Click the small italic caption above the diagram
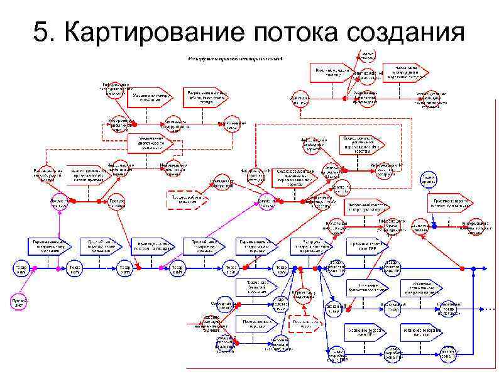coord(236,58)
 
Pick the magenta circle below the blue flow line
coord(19,303)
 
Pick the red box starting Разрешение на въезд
coord(206,96)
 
